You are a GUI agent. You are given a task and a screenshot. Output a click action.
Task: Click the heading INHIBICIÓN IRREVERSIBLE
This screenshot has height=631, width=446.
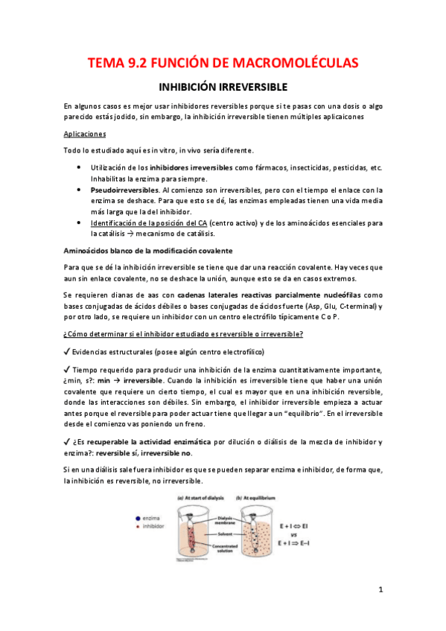click(223, 86)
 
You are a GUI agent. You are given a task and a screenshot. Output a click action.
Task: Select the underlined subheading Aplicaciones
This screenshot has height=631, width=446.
click(85, 134)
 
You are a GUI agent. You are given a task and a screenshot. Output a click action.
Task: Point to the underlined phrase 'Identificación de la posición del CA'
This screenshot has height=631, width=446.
click(148, 222)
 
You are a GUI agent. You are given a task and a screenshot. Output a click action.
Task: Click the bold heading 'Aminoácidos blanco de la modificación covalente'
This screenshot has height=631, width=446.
click(148, 250)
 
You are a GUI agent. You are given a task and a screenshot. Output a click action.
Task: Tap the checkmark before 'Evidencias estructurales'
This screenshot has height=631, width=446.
click(67, 351)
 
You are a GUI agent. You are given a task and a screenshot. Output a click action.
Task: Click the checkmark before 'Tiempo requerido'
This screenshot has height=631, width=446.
click(67, 370)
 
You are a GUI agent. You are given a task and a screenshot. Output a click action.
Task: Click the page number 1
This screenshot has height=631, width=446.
click(380, 590)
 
